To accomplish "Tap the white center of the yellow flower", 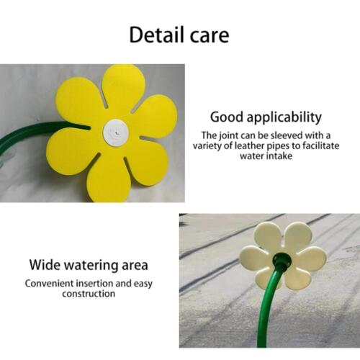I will [x=115, y=131].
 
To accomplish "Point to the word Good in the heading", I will [x=225, y=117].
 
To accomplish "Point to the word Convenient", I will [x=52, y=283].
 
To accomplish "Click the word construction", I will [x=89, y=294].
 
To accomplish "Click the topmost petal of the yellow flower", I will [x=123, y=85].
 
